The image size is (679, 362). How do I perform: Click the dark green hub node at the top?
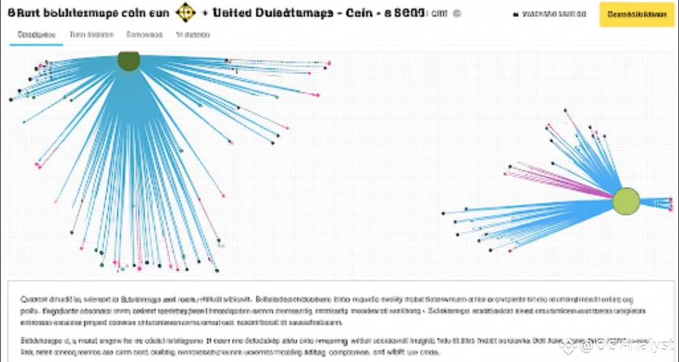(128, 61)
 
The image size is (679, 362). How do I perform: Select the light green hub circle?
(626, 200)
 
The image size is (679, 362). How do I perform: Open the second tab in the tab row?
(92, 35)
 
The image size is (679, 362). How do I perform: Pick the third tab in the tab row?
(145, 35)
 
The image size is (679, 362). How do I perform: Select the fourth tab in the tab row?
(193, 35)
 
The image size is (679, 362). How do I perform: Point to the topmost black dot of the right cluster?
(565, 110)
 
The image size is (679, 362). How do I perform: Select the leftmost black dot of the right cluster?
(444, 214)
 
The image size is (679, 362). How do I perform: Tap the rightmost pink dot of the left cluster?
(329, 63)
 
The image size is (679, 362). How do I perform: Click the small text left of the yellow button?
(555, 14)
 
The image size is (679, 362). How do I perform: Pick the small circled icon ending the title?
(457, 13)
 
